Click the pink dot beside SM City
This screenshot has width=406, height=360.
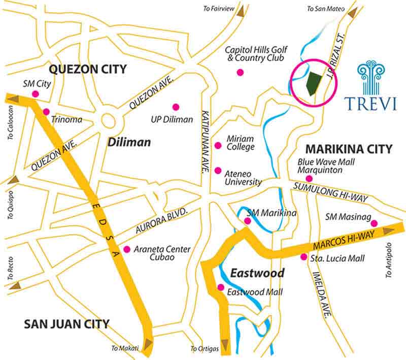pyautogui.click(x=36, y=93)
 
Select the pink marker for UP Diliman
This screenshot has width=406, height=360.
pyautogui.click(x=176, y=107)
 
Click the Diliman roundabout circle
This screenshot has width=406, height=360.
pyautogui.click(x=109, y=121)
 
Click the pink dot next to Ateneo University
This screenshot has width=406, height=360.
pyautogui.click(x=218, y=170)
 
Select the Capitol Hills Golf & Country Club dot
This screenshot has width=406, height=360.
pyautogui.click(x=240, y=73)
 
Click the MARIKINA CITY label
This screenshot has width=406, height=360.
pyautogui.click(x=348, y=149)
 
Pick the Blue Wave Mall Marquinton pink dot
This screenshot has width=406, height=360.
pyautogui.click(x=309, y=179)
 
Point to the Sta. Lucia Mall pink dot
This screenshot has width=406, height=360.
pyautogui.click(x=303, y=257)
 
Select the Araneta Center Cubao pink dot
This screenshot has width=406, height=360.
pyautogui.click(x=126, y=249)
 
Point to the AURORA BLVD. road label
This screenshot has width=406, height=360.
pyautogui.click(x=158, y=222)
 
